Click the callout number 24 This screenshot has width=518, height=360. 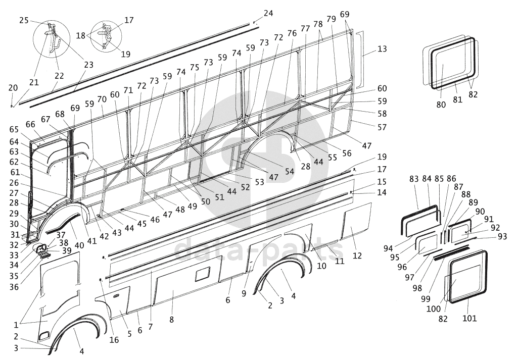268,13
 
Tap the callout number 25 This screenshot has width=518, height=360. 24,20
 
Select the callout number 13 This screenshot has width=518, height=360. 382,49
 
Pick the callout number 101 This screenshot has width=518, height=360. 469,318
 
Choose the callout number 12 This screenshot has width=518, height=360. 357,255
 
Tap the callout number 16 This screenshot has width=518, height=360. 114,340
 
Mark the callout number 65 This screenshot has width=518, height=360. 14,129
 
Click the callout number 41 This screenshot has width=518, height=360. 91,241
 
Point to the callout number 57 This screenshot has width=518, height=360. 382,128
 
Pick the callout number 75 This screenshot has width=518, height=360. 195,68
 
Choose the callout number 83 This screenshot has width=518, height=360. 414,179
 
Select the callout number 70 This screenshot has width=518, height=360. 102,99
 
